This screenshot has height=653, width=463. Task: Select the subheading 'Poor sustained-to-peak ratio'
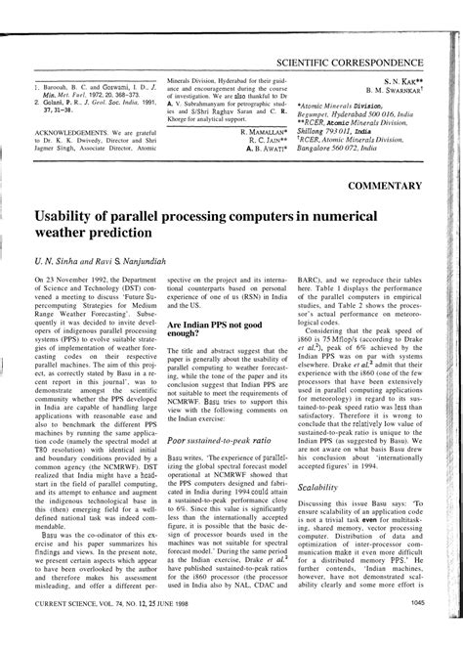pyautogui.click(x=210, y=441)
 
